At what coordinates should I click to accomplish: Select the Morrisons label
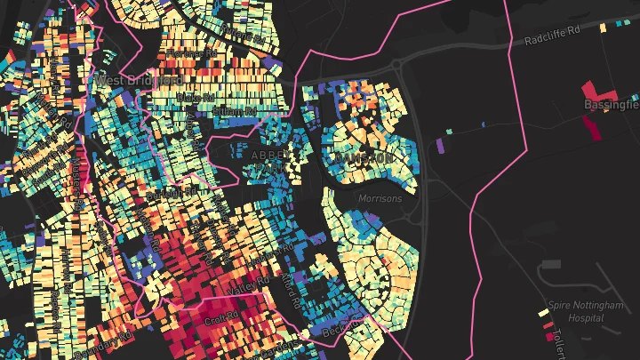380,198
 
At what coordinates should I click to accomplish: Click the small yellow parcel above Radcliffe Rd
604,28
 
